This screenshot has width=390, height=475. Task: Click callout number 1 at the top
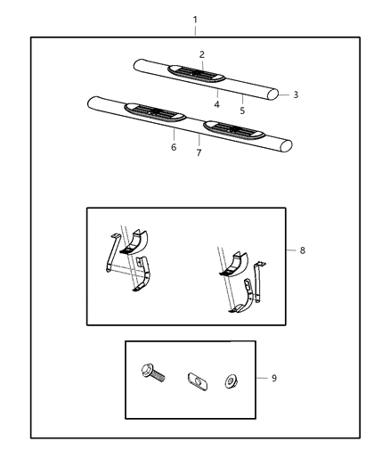[x=195, y=20]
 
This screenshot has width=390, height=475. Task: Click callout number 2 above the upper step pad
[x=201, y=55]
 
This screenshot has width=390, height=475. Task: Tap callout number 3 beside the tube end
[x=296, y=94]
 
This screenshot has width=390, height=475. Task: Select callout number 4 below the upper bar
[x=216, y=104]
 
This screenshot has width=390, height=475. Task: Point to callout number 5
[x=243, y=111]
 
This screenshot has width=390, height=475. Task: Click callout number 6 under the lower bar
[x=174, y=147]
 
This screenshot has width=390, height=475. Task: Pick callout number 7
[x=199, y=152]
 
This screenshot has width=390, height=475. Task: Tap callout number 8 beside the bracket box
[x=302, y=251]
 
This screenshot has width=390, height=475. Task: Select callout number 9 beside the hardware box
[x=273, y=379]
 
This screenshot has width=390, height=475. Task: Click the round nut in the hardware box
[x=231, y=381]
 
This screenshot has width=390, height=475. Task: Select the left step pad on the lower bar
[x=156, y=111]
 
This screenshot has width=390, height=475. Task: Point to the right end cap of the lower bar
[x=287, y=145]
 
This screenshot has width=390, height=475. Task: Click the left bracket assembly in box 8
[x=129, y=260]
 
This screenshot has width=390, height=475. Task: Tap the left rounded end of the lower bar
[x=92, y=103]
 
